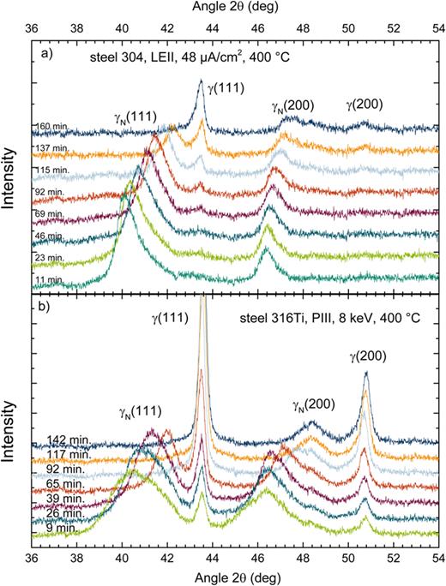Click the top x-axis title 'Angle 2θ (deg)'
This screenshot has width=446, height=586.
coord(233,9)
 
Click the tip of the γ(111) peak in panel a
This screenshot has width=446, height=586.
coord(202,81)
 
